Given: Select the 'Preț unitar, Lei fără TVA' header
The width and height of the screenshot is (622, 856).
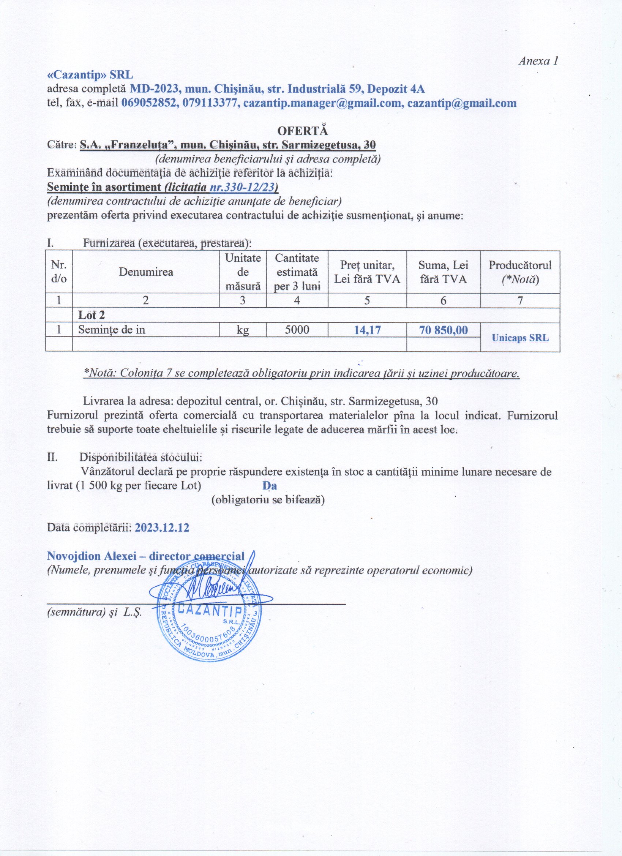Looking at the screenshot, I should [x=367, y=272].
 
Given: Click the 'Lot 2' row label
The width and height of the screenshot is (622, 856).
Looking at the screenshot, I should [x=91, y=315].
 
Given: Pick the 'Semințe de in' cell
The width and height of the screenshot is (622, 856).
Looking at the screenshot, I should [x=112, y=330].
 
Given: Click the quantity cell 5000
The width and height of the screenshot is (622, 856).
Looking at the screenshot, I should [x=297, y=330].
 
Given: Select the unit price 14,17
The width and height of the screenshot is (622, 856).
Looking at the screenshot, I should [x=367, y=330].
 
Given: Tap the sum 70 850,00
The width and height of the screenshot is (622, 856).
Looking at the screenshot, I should [x=443, y=330].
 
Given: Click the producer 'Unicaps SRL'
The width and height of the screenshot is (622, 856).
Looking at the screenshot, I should [x=520, y=338].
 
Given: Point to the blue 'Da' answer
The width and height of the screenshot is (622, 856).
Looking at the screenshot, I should [x=270, y=486].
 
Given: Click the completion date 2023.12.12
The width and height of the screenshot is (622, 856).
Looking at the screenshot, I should [x=162, y=527].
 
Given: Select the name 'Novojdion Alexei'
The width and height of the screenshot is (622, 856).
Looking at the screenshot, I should [x=79, y=556].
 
